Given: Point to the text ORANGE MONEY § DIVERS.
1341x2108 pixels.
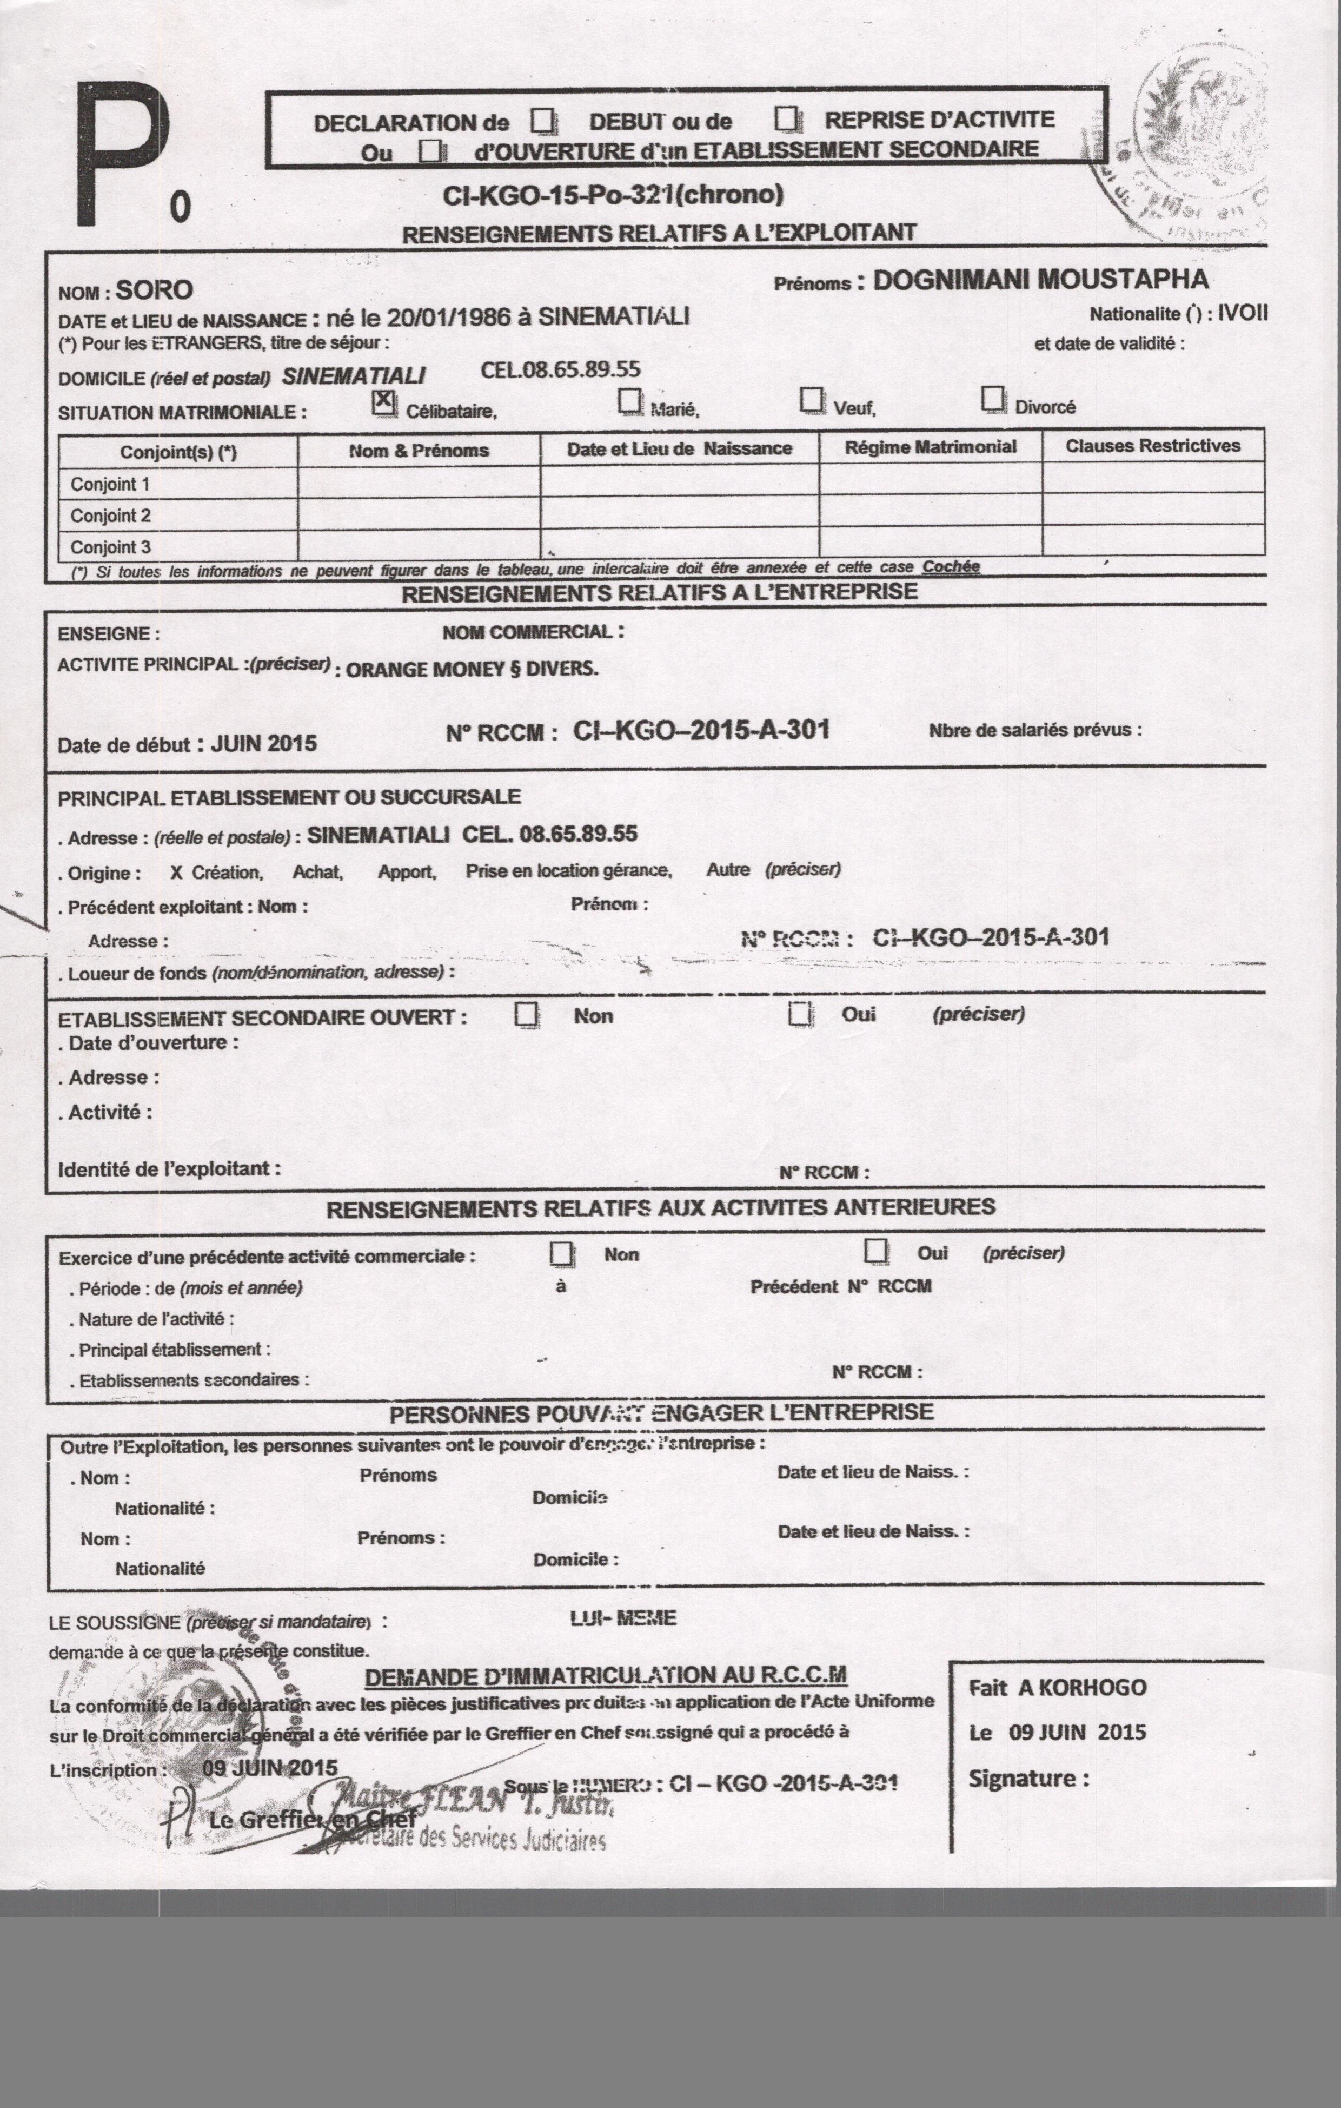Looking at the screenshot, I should coord(473,670).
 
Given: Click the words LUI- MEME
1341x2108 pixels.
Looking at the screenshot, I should coord(622,1618).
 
